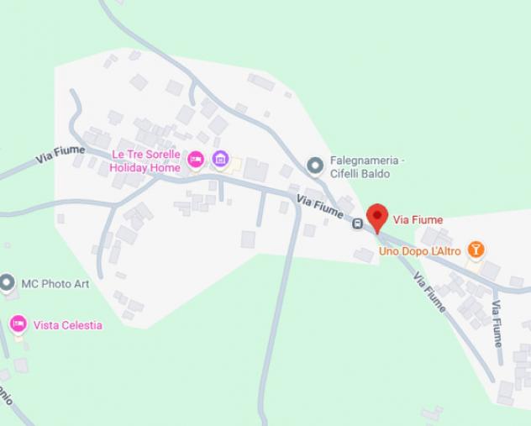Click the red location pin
point(376,217)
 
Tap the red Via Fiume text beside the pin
point(418,220)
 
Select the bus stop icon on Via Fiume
point(357,224)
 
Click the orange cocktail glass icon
point(476,249)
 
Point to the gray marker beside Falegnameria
point(315,166)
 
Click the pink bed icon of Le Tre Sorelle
point(195,158)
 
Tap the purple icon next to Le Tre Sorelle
point(220,158)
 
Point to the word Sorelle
point(163,155)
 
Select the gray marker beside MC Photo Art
point(8,283)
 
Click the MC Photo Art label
point(55,284)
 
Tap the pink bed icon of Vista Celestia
point(18,323)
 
